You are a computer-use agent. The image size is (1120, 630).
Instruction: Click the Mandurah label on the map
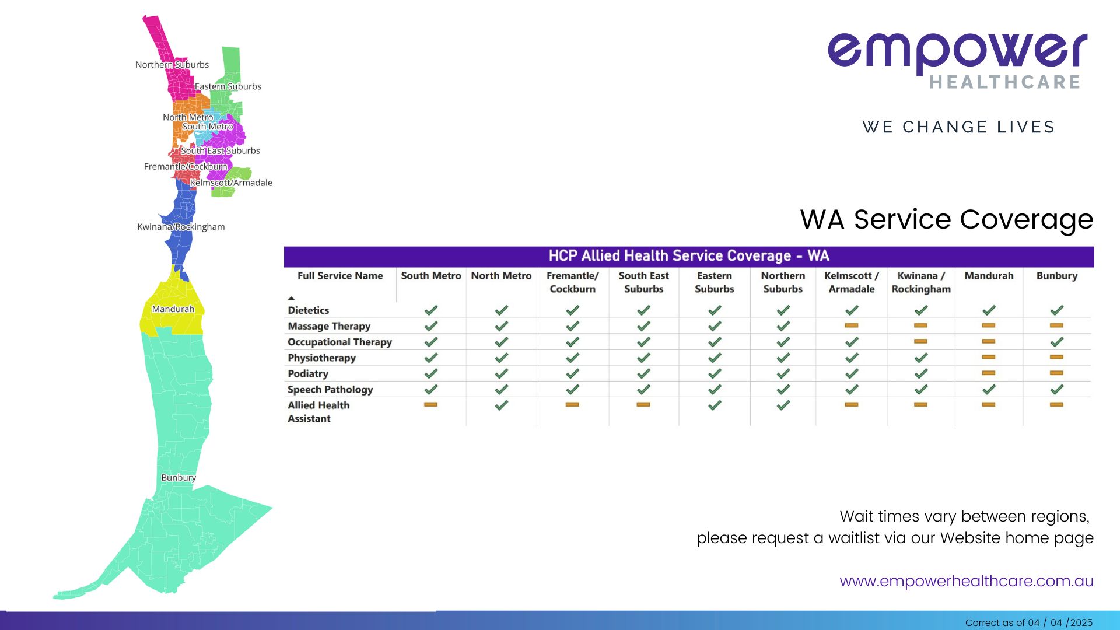(173, 309)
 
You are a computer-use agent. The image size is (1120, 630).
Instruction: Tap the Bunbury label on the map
(178, 478)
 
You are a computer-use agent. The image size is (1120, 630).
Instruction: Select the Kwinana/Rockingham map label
(181, 227)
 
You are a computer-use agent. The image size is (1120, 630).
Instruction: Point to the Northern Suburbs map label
(172, 65)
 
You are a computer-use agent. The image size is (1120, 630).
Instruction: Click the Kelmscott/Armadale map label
(231, 183)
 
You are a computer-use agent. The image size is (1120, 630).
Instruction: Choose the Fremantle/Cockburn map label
(185, 167)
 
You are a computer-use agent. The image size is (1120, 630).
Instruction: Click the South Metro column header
(431, 276)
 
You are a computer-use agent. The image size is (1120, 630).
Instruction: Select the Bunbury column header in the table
(1057, 276)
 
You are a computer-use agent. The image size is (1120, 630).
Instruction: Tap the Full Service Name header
(340, 276)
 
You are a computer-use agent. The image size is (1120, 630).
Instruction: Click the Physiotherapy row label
(321, 358)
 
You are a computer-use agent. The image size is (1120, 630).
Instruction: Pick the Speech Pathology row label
(330, 390)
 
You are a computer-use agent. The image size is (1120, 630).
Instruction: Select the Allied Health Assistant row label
(318, 412)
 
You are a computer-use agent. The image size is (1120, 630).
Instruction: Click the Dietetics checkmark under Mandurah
(989, 310)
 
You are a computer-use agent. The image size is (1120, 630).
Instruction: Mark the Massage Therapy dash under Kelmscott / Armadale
(852, 325)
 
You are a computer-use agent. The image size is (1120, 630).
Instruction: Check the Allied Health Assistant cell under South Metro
(431, 404)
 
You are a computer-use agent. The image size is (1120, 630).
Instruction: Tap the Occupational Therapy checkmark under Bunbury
(1057, 342)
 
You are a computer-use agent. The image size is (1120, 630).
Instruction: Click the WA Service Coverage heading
(947, 220)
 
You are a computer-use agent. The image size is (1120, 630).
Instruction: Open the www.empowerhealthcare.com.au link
(967, 582)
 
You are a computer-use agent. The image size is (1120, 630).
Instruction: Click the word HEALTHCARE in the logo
(1005, 82)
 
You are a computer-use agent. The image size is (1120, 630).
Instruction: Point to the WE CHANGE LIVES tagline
(959, 127)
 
